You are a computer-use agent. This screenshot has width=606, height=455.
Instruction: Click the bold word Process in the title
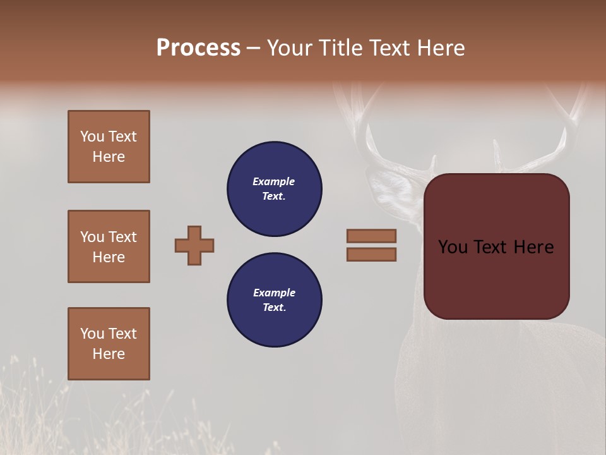(x=198, y=48)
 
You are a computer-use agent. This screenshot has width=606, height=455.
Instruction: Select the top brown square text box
(x=109, y=147)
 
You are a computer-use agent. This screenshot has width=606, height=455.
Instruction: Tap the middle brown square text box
(x=109, y=246)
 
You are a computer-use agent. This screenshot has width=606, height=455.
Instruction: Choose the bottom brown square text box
(x=109, y=344)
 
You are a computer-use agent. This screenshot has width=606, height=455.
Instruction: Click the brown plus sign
(x=194, y=245)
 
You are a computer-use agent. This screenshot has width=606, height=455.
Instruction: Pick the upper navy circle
(x=275, y=188)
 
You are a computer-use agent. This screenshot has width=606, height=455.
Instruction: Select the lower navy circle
(x=275, y=300)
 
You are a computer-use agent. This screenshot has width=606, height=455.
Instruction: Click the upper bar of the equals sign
(x=371, y=236)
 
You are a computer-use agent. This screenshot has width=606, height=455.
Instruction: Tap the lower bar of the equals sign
(x=371, y=254)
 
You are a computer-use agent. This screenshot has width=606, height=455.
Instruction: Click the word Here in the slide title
(x=442, y=48)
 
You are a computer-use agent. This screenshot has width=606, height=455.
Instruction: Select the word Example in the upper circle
(x=274, y=181)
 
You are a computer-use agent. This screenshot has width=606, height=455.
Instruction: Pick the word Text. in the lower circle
(x=274, y=308)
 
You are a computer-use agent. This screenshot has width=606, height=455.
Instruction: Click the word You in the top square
(x=92, y=136)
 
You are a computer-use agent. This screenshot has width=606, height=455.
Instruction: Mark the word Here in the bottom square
(x=109, y=354)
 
